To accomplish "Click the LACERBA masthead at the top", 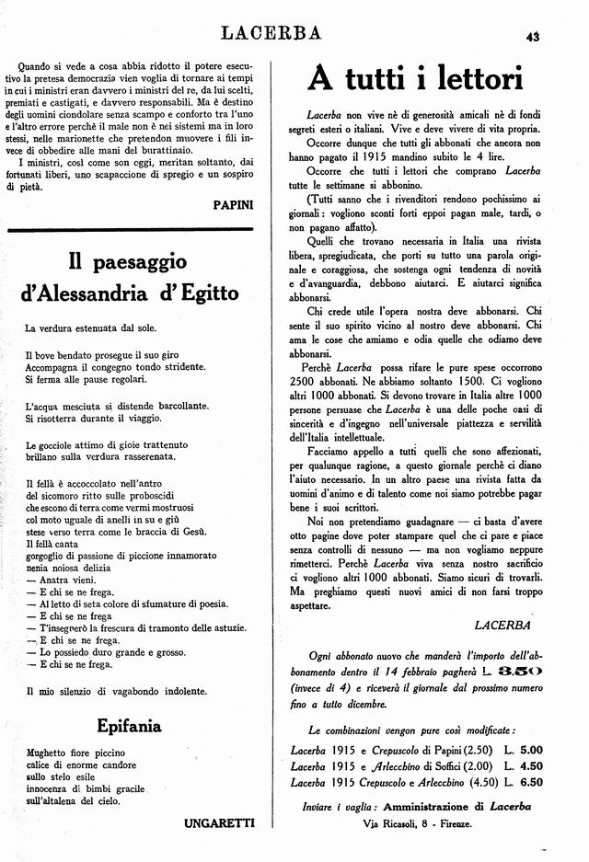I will click(x=271, y=34).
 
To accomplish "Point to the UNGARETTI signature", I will click(x=219, y=822).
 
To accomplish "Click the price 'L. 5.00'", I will click(x=524, y=748).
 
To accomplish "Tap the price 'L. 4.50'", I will click(x=524, y=765).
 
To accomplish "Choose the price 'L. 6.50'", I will click(x=524, y=782).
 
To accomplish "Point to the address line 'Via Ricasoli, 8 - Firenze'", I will click(x=417, y=824).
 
